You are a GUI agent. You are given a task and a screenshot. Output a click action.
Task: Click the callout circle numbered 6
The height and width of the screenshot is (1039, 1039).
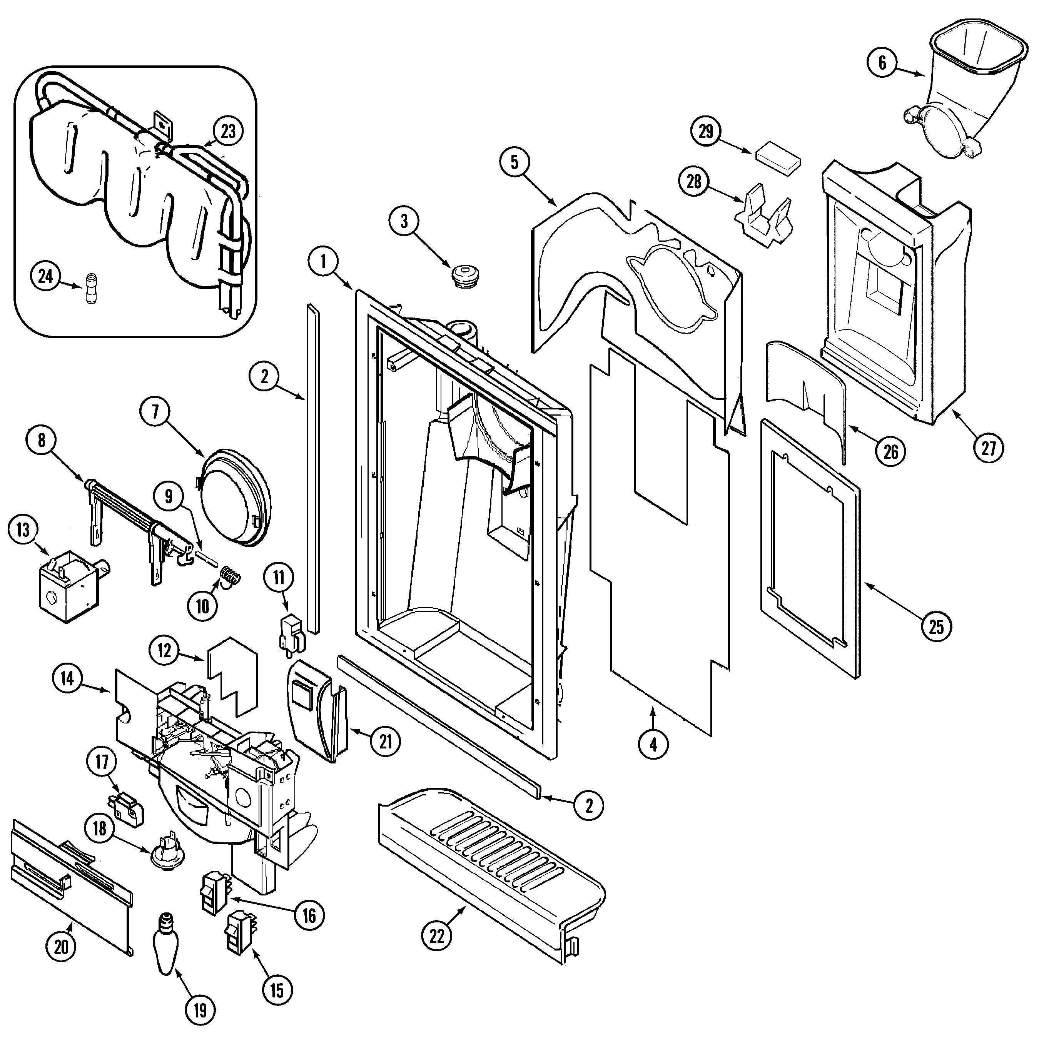tap(882, 63)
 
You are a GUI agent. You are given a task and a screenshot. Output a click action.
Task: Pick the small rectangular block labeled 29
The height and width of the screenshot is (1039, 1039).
tap(778, 160)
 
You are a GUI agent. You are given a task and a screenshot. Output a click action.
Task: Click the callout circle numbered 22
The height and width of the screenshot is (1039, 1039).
tap(437, 936)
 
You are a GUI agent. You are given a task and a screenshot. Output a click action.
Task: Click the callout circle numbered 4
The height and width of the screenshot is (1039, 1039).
tap(653, 745)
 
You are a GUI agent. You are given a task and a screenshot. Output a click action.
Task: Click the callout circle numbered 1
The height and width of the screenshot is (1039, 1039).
tap(323, 262)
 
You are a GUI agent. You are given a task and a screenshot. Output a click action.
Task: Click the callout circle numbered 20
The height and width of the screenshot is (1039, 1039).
tap(61, 946)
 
